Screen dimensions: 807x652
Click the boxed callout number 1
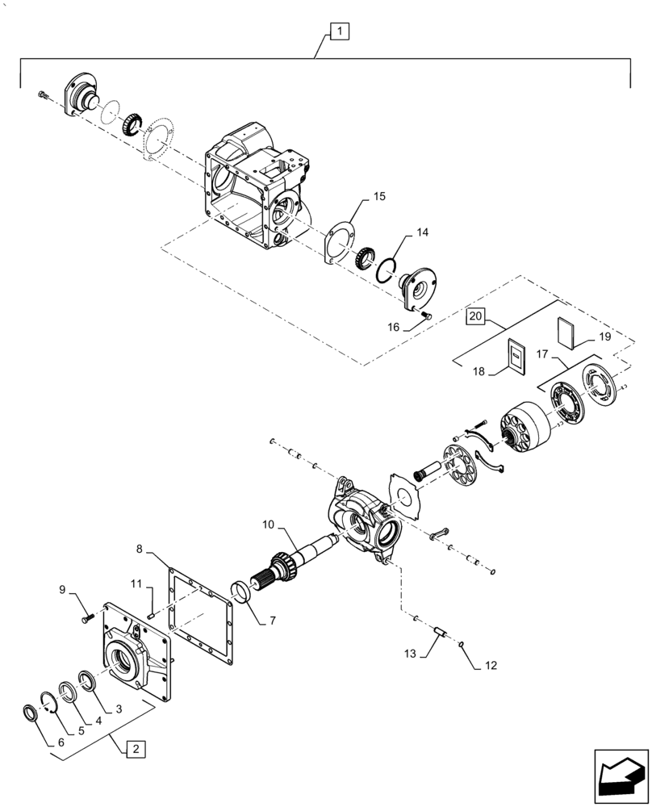(x=340, y=32)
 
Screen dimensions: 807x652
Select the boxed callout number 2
(x=135, y=749)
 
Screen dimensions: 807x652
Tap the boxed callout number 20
(x=477, y=317)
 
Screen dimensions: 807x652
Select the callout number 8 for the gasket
(x=140, y=550)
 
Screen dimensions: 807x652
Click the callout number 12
(x=491, y=666)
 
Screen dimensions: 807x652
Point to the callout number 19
(x=605, y=335)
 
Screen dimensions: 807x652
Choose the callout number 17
(x=541, y=353)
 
